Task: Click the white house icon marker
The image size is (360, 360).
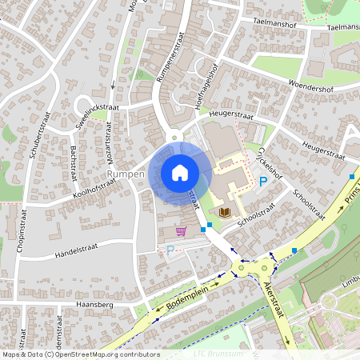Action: tap(180, 172)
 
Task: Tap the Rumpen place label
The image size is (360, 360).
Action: tap(125, 174)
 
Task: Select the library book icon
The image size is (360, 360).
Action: tap(226, 212)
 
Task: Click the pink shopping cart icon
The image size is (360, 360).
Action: tap(181, 231)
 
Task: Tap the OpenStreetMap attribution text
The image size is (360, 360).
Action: tap(70, 354)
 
